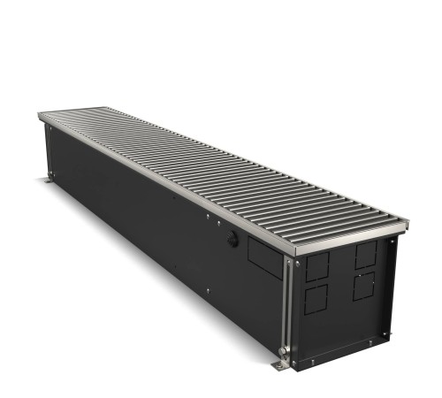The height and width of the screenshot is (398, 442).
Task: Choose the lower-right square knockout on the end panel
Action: tap(364, 286)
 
